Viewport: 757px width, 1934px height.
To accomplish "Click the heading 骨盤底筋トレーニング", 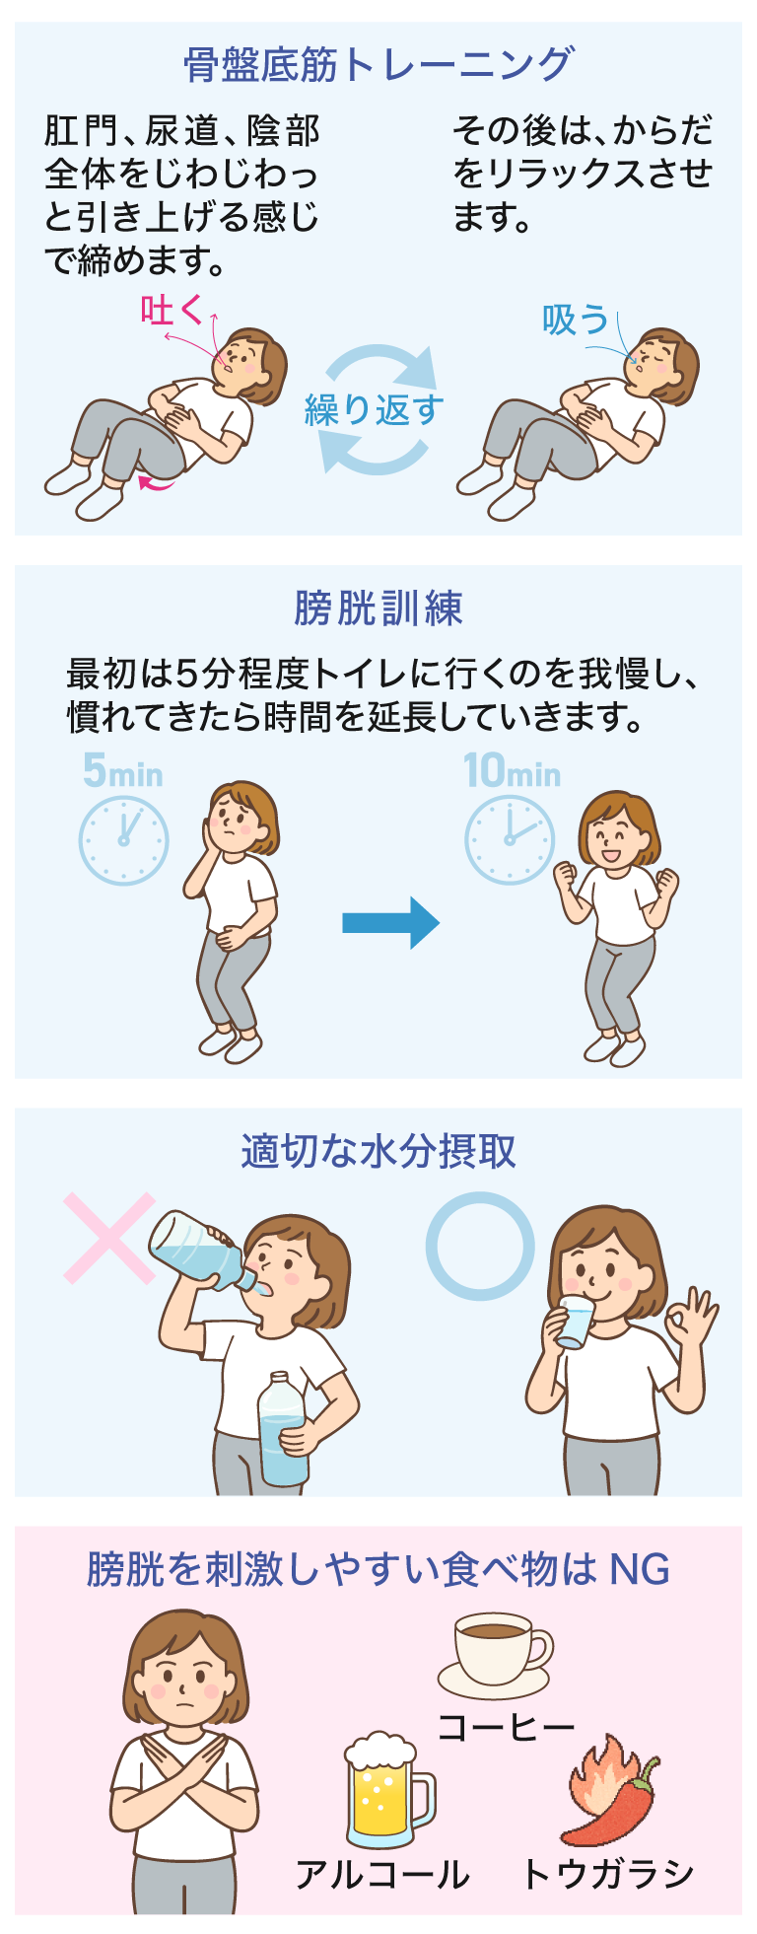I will (x=378, y=65).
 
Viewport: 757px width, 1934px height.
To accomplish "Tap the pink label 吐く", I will (x=172, y=311).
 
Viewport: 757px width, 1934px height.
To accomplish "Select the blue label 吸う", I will (x=575, y=320).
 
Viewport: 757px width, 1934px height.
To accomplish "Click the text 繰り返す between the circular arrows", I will (x=375, y=409).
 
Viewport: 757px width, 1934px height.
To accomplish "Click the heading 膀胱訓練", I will (x=378, y=609).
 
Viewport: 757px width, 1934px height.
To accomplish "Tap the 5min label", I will (x=122, y=771).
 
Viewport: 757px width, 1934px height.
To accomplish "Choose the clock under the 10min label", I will (x=509, y=839).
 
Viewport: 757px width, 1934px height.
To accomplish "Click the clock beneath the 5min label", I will (x=123, y=840).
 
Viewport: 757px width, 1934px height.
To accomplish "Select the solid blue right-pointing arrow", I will (x=390, y=923).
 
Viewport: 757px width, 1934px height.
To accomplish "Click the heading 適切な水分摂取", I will (x=378, y=1151).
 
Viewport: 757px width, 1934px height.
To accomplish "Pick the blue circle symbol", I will (x=480, y=1246).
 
